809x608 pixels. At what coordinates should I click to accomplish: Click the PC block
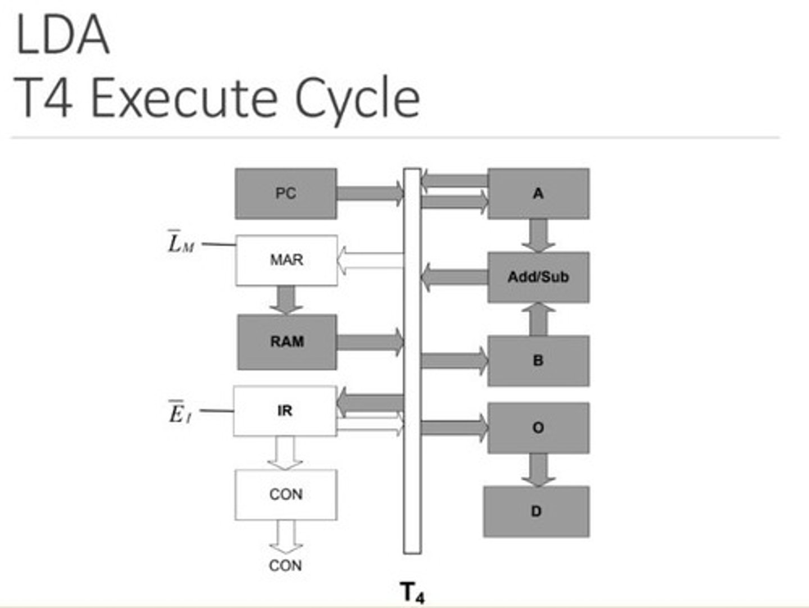[x=285, y=193]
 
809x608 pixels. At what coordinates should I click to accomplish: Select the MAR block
[x=286, y=260]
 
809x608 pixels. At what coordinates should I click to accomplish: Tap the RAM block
[x=287, y=342]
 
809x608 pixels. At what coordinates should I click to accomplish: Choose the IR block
[x=285, y=411]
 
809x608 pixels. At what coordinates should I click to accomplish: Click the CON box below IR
[x=285, y=494]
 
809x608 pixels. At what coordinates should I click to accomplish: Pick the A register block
[x=538, y=193]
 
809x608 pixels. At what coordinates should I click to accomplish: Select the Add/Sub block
[x=538, y=277]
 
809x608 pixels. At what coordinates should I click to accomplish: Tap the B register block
[x=538, y=361]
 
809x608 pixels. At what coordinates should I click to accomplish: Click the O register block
[x=538, y=428]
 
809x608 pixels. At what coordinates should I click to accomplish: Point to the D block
[x=536, y=511]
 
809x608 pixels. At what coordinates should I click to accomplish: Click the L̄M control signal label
[x=181, y=243]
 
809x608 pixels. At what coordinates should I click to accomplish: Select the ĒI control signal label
[x=180, y=413]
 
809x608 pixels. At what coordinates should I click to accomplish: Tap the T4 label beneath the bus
[x=412, y=592]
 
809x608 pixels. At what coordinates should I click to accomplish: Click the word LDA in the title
[x=62, y=35]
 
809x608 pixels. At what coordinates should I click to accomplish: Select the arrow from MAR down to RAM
[x=286, y=300]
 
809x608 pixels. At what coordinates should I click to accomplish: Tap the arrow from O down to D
[x=538, y=469]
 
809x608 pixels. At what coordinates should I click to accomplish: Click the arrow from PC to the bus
[x=370, y=193]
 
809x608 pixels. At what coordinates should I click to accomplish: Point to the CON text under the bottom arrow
[x=285, y=565]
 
